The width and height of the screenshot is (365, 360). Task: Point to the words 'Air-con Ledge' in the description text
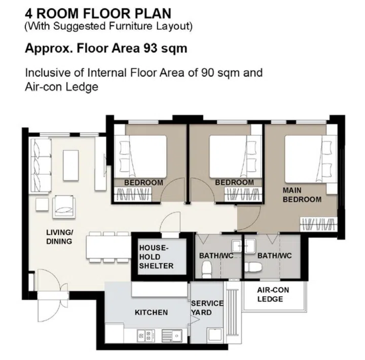[61, 87]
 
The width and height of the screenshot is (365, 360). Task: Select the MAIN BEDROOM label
[302, 195]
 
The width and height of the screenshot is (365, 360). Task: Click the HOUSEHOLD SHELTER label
[156, 257]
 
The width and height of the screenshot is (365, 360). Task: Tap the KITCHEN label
[151, 312]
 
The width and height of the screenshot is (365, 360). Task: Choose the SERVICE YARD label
[207, 308]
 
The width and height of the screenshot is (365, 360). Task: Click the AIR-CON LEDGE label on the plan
[270, 295]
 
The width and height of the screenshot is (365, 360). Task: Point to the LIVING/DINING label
[59, 237]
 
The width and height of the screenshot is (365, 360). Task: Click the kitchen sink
[171, 335]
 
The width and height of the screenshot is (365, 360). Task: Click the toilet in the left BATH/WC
[206, 271]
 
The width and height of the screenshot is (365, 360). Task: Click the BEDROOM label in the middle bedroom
[234, 182]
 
